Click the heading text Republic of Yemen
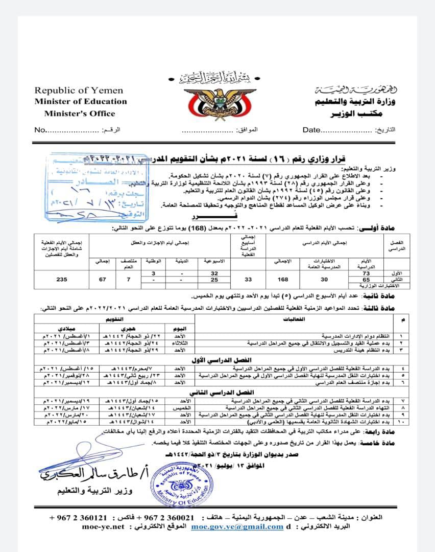[79, 90]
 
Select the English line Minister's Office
[79, 113]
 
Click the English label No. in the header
[40, 130]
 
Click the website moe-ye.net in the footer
[103, 527]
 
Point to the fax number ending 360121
[79, 517]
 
